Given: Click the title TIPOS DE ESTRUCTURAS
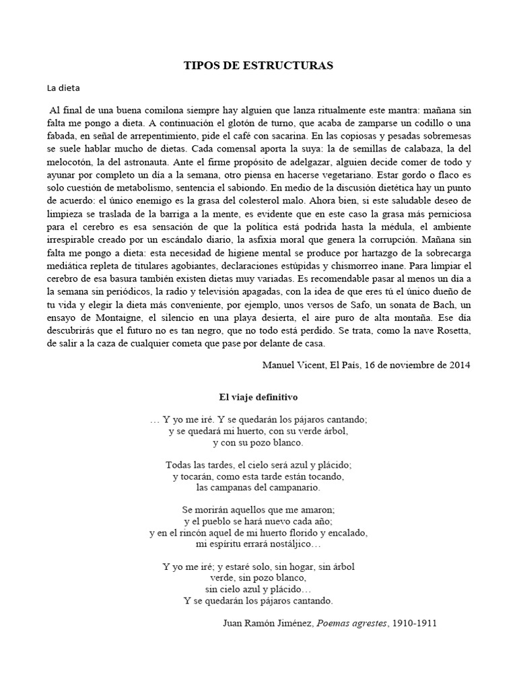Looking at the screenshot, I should coord(258,65).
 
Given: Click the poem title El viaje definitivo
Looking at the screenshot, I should coord(258,398).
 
